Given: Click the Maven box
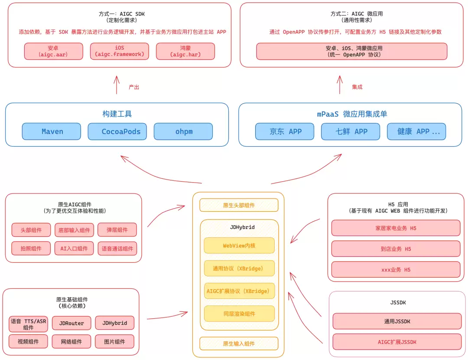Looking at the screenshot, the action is pyautogui.click(x=51, y=131).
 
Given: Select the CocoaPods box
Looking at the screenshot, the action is pyautogui.click(x=117, y=131).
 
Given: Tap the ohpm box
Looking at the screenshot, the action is pyautogui.click(x=183, y=131).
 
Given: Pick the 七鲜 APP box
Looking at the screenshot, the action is pyautogui.click(x=351, y=131).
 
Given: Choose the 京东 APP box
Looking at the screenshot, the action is pyautogui.click(x=285, y=131).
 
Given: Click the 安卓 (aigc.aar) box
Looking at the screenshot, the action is pyautogui.click(x=54, y=51).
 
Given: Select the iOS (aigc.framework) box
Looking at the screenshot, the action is pyautogui.click(x=120, y=51).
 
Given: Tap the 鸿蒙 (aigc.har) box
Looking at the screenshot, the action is pyautogui.click(x=185, y=51).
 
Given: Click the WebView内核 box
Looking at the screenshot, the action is pyautogui.click(x=239, y=245).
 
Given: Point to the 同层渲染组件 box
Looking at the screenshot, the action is pyautogui.click(x=239, y=314).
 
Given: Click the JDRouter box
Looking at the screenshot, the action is pyautogui.click(x=71, y=323).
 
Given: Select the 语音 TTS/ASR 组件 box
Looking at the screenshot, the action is pyautogui.click(x=28, y=324).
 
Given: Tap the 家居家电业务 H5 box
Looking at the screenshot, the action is pyautogui.click(x=396, y=228).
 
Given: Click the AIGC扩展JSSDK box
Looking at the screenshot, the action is pyautogui.click(x=397, y=342).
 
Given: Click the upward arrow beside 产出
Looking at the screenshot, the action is pyautogui.click(x=117, y=85).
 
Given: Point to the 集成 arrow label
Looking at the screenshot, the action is pyautogui.click(x=357, y=87).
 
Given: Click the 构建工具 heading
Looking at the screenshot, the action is pyautogui.click(x=117, y=114).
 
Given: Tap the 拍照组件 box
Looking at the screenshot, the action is pyautogui.click(x=31, y=248).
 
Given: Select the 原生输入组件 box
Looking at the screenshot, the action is pyautogui.click(x=239, y=344).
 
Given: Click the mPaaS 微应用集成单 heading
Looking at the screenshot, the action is pyautogui.click(x=352, y=114).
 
